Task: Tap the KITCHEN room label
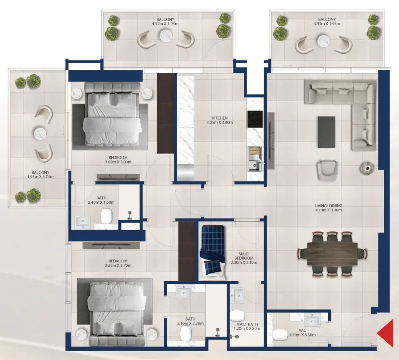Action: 220,118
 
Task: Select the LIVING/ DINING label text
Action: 328,206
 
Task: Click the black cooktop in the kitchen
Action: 255,119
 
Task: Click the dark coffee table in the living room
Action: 326,132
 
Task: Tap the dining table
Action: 332,253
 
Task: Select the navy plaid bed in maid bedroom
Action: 213,250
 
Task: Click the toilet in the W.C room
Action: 280,334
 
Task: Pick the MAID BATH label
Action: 247,324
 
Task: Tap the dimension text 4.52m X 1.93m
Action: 165,24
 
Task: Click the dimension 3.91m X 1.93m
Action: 327,24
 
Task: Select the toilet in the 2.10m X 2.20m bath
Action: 186,333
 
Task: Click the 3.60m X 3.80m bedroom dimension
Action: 118,162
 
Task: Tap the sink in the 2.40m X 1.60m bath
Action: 82,222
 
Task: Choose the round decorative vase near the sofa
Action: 367,168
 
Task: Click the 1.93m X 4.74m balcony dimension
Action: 40,177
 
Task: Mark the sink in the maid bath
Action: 238,296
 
